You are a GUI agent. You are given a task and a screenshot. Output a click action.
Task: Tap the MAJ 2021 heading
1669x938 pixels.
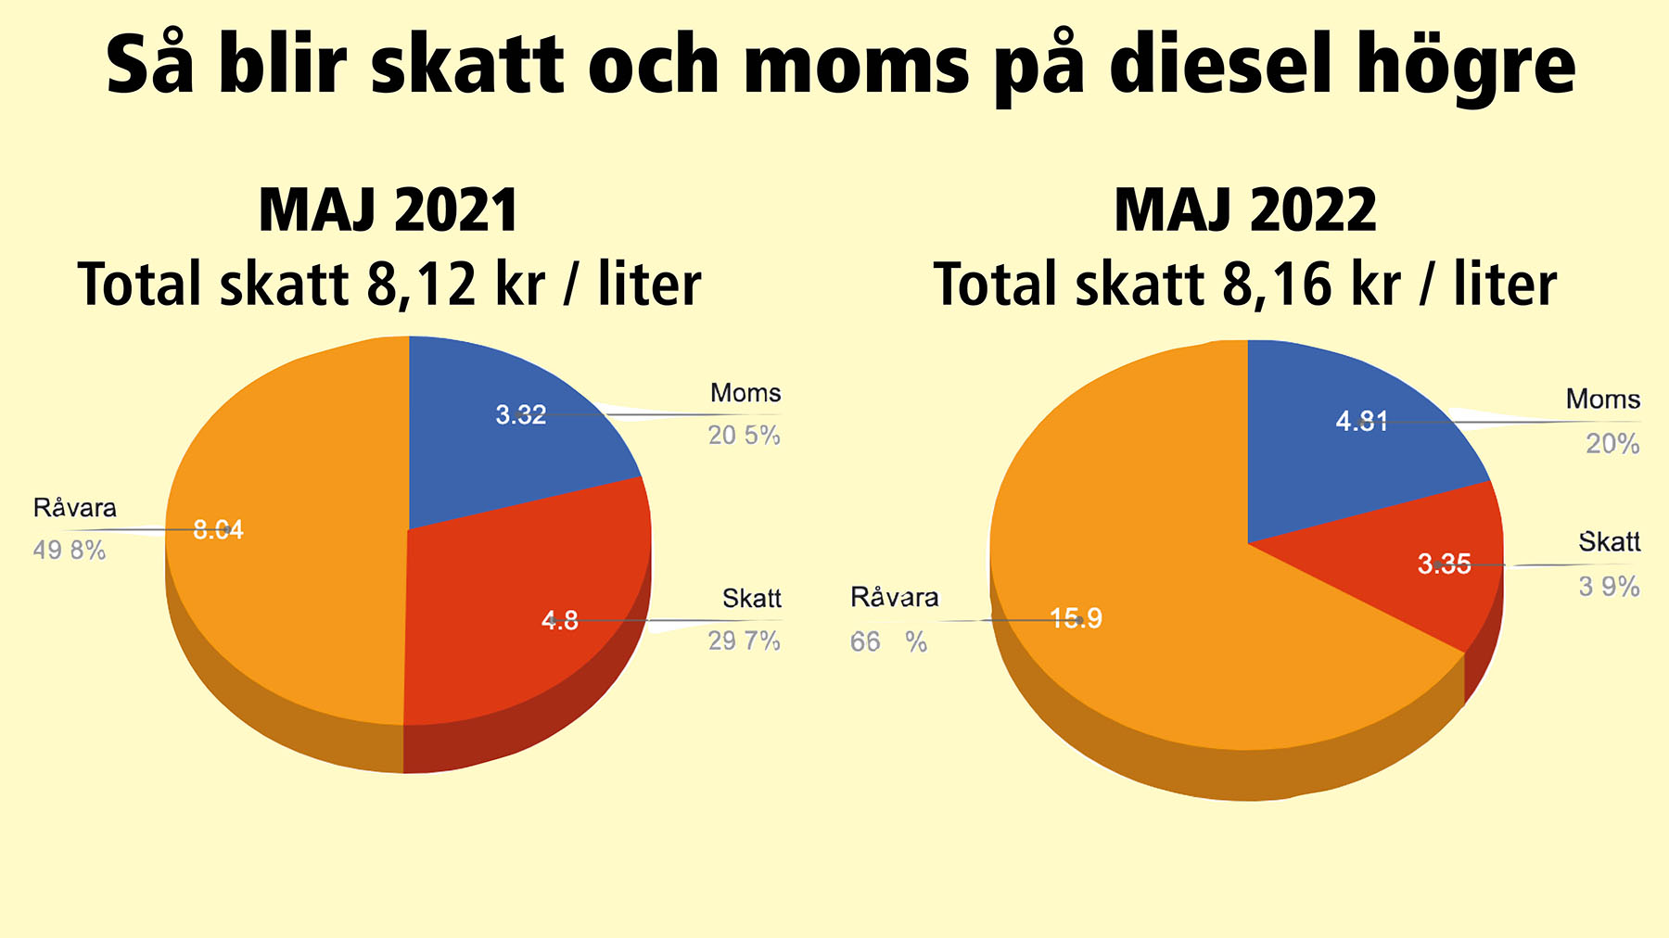pos(389,210)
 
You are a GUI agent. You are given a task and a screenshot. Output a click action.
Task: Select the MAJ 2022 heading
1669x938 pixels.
pos(1245,210)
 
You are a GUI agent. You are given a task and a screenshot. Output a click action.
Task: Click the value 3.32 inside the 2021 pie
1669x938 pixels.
pos(521,414)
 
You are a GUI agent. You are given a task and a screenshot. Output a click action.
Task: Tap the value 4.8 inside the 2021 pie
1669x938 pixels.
pos(560,620)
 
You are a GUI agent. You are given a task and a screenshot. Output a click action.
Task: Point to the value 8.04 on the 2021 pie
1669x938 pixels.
pos(218,529)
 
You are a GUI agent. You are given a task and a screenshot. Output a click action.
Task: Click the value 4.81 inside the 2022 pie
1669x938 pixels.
pos(1361,422)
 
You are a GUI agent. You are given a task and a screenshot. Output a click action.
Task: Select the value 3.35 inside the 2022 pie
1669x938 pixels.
pos(1444,564)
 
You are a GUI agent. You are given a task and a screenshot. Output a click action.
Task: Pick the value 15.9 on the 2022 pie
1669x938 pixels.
pos(1076,618)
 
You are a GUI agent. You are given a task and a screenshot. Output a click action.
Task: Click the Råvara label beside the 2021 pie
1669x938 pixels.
pos(75,508)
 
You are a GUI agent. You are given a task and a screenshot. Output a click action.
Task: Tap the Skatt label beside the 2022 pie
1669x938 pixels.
pos(1609,542)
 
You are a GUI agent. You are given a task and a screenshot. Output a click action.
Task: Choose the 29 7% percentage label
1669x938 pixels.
pos(744,640)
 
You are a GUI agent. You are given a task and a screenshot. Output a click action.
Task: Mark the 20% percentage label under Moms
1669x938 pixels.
pos(1612,444)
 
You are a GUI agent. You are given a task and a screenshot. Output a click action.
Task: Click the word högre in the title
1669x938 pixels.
pos(1466,65)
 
